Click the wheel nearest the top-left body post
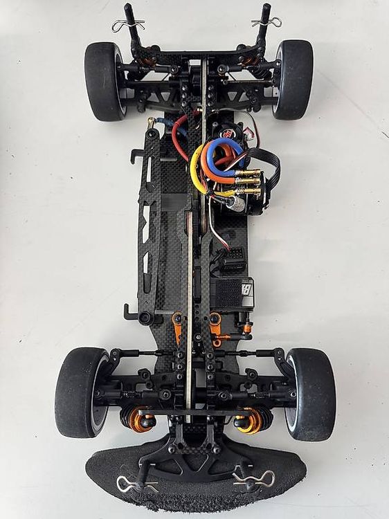(104, 81)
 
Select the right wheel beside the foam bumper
(310, 394)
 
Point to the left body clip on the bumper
(135, 484)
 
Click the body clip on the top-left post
(128, 25)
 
